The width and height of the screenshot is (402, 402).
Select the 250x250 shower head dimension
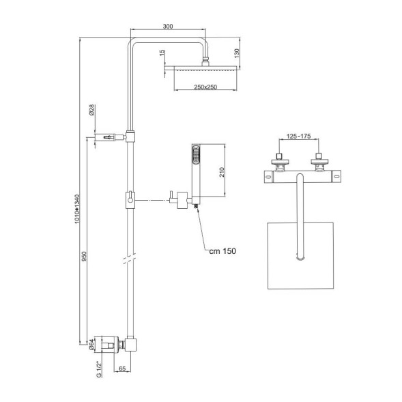[205, 87]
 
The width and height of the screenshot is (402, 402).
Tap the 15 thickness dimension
[162, 54]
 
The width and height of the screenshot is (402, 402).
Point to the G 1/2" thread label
[100, 371]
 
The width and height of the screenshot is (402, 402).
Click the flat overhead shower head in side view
[205, 69]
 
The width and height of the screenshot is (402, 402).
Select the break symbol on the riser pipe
[128, 259]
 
